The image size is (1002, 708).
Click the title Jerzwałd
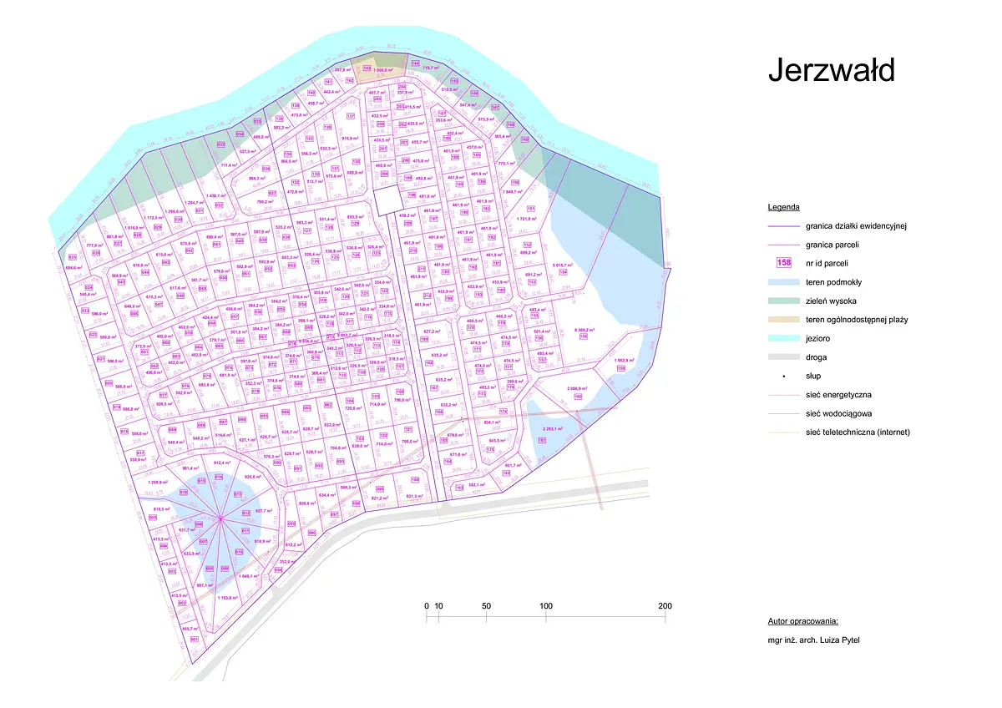pyautogui.click(x=831, y=70)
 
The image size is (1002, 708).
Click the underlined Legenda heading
pyautogui.click(x=783, y=206)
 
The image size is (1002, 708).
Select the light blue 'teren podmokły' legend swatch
pyautogui.click(x=784, y=281)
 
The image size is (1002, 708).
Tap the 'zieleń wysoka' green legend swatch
pyautogui.click(x=784, y=301)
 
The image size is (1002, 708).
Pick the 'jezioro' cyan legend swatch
pyautogui.click(x=784, y=338)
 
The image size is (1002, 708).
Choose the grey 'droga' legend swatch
pyautogui.click(x=784, y=357)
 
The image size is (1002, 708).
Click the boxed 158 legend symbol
pyautogui.click(x=784, y=262)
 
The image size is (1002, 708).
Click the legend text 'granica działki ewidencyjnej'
pyautogui.click(x=856, y=225)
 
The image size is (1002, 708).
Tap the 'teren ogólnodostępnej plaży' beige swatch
pyautogui.click(x=784, y=319)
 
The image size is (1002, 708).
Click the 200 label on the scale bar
pyautogui.click(x=665, y=606)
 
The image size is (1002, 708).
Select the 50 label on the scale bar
pyautogui.click(x=486, y=606)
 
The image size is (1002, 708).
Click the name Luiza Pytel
pyautogui.click(x=835, y=640)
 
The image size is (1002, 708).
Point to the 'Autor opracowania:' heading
pyautogui.click(x=802, y=622)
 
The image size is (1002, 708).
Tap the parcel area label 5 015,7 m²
pyautogui.click(x=563, y=264)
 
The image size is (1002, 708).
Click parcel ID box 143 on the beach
pyautogui.click(x=343, y=68)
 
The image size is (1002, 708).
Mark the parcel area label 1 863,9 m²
pyautogui.click(x=625, y=360)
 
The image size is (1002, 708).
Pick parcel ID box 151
pyautogui.click(x=531, y=209)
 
